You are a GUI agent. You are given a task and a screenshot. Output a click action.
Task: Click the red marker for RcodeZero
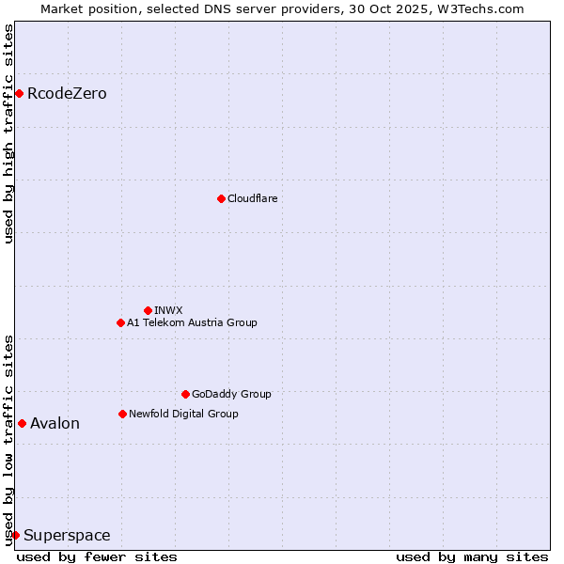tap(19, 93)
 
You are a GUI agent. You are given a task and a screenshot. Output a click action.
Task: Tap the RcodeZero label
tap(67, 94)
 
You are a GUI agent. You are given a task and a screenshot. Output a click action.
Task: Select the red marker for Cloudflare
tap(221, 198)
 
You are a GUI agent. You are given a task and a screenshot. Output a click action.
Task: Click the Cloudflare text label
tap(252, 198)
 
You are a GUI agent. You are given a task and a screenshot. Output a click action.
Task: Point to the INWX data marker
tap(148, 310)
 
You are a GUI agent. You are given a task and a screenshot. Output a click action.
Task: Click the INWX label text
tap(168, 310)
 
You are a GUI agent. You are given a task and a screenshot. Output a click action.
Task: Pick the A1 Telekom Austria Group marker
tap(120, 322)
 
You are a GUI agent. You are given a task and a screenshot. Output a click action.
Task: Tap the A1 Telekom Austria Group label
tap(192, 322)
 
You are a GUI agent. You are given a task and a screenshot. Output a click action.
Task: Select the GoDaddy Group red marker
tap(185, 394)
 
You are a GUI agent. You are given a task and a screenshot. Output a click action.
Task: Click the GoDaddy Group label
tap(231, 394)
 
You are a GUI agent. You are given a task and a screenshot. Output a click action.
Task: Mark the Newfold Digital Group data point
tap(122, 414)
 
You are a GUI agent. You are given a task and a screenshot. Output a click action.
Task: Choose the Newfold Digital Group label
tap(183, 414)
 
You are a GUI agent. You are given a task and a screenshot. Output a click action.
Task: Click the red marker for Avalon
tap(22, 423)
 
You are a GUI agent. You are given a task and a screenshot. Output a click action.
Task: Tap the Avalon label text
tap(55, 424)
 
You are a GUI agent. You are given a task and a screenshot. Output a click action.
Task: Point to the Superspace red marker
tap(15, 535)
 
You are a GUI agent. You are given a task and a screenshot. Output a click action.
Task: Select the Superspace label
tap(67, 536)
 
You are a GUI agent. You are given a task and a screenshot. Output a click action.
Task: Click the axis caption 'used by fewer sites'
tap(97, 556)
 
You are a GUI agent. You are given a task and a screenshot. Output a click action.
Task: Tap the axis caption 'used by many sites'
tap(472, 556)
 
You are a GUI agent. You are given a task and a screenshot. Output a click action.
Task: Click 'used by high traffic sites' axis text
tap(8, 133)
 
